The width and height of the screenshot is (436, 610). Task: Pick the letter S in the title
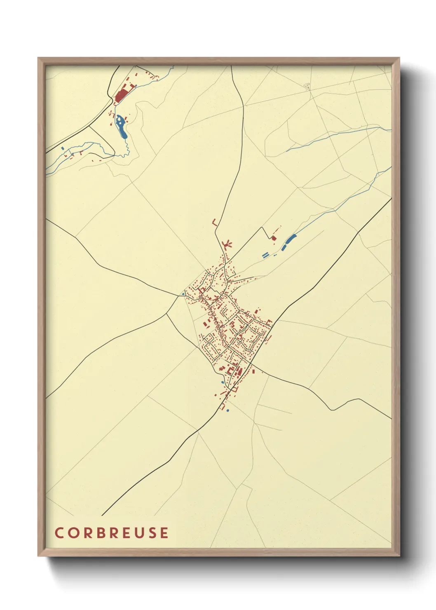point(152,533)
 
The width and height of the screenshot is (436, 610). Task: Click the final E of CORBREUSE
point(164,533)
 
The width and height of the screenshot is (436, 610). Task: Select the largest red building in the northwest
point(121,96)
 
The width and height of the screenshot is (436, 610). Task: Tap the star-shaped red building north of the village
point(226,245)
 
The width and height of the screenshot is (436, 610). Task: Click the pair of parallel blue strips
point(265,255)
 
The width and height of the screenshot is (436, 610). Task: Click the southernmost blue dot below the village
point(227,411)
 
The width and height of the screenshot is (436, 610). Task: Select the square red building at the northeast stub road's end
point(273,238)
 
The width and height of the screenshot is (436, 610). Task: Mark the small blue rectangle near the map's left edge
point(62,148)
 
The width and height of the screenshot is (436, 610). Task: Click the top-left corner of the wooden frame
point(38,58)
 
